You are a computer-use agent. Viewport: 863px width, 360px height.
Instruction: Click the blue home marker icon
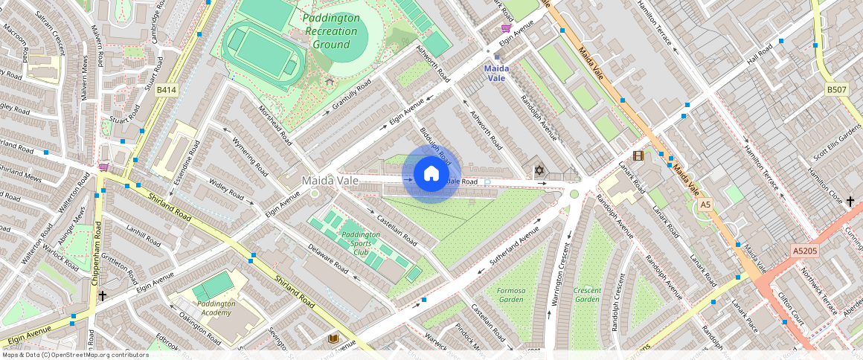tap(431, 174)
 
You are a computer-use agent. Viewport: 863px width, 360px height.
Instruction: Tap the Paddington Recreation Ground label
tap(331, 31)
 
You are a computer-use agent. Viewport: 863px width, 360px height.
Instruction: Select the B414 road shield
tap(167, 90)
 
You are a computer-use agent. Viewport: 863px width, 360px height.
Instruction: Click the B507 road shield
tap(837, 90)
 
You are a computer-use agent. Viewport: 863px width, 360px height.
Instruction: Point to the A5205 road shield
tap(804, 251)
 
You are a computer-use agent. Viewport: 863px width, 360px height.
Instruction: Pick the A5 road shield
tap(705, 205)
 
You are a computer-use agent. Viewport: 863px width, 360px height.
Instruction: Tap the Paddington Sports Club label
tap(361, 243)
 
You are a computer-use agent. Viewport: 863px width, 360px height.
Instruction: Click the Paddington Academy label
tap(216, 308)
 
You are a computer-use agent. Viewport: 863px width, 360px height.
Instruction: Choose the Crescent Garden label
tap(587, 295)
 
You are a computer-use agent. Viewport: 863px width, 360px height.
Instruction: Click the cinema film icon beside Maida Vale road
tap(638, 155)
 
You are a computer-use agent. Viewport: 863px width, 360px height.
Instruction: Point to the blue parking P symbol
tap(488, 182)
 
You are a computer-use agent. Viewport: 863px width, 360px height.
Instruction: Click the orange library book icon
tap(334, 339)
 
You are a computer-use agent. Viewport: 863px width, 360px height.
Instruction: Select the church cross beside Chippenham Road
tap(102, 295)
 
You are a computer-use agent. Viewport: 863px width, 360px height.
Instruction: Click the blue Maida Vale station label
tap(495, 73)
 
